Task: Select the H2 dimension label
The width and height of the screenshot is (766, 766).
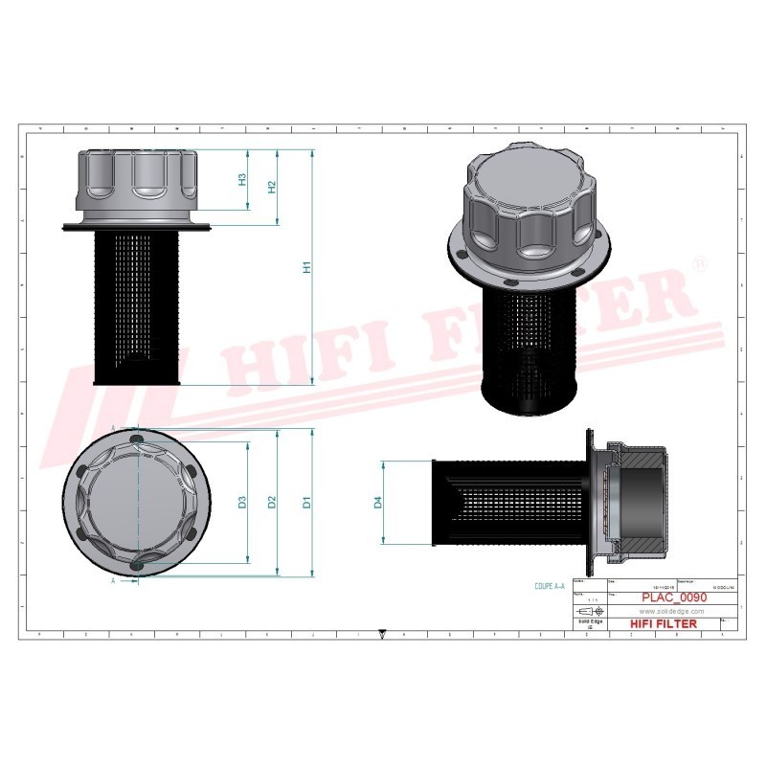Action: tap(272, 187)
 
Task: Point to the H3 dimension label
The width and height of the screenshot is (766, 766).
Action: tap(243, 179)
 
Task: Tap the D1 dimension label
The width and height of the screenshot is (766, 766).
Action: tap(307, 502)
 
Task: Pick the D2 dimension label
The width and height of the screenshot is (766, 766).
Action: tap(272, 502)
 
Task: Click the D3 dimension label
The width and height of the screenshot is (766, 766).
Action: tap(243, 502)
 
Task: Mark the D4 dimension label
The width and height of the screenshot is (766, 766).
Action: tap(378, 502)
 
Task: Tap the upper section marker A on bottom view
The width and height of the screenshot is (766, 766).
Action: tap(114, 428)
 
